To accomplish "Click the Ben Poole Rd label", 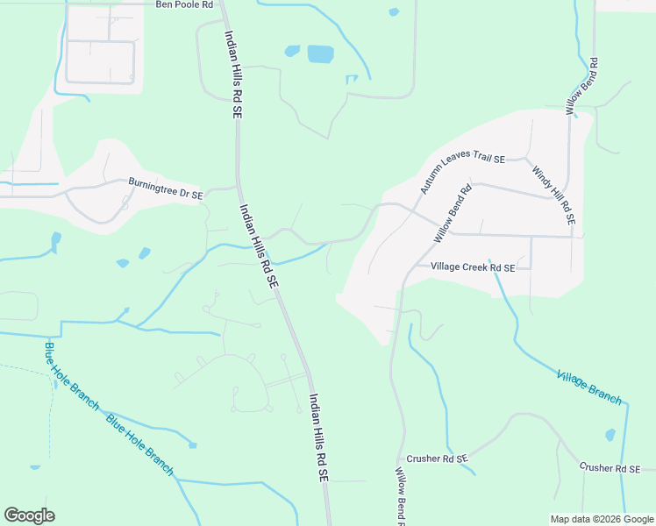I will pos(184,4).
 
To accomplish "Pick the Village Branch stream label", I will pos(589,387).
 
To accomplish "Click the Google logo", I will pos(29,515).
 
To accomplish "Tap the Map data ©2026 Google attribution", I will pos(603,519).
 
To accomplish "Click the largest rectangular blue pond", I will pos(320,54).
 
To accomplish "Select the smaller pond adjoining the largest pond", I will pos(292,51).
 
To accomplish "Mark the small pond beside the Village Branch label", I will pos(610,435).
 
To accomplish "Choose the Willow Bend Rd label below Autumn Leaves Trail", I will pos(453,213).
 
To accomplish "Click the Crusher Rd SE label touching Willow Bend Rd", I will pos(438,458).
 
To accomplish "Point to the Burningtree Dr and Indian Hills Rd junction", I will pos(237,187).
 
